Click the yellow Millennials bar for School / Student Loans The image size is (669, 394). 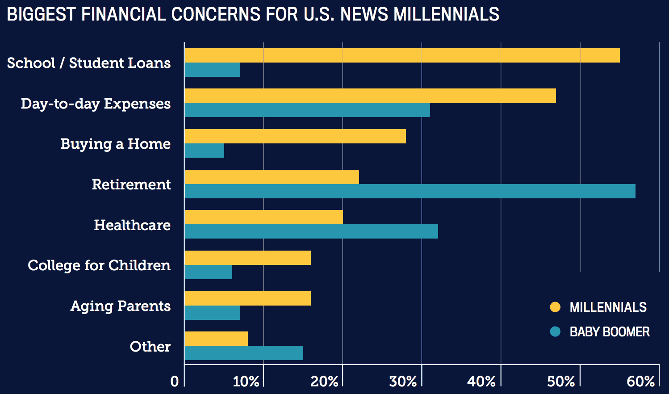coord(402,55)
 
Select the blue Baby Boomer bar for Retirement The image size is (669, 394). coord(410,191)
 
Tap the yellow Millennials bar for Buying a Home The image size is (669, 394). coord(295,136)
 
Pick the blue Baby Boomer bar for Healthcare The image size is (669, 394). coord(311,231)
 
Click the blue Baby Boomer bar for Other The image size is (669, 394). coord(243,353)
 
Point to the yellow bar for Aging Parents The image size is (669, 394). coord(247,298)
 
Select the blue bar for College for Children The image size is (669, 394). coord(208,272)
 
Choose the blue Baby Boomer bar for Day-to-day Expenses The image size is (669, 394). coord(307,110)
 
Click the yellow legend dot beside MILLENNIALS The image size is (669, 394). coord(555,307)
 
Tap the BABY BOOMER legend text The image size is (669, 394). coord(609,332)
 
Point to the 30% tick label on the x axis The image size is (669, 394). coord(403,381)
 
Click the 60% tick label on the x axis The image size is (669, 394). coord(640,381)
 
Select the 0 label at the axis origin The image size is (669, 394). coord(175,381)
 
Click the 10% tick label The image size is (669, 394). coord(246,381)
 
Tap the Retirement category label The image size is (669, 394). coord(131,184)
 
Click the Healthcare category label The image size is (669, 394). coord(132,225)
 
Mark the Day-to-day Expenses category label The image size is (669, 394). coord(96,104)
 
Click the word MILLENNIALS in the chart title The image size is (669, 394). coord(446,14)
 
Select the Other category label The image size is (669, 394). coord(150,347)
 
